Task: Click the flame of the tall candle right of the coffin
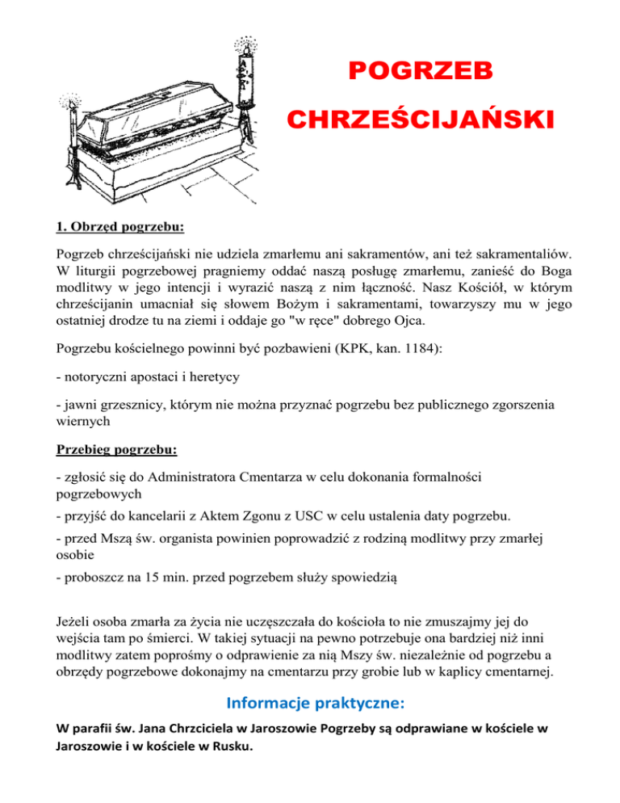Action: coord(241,41)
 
